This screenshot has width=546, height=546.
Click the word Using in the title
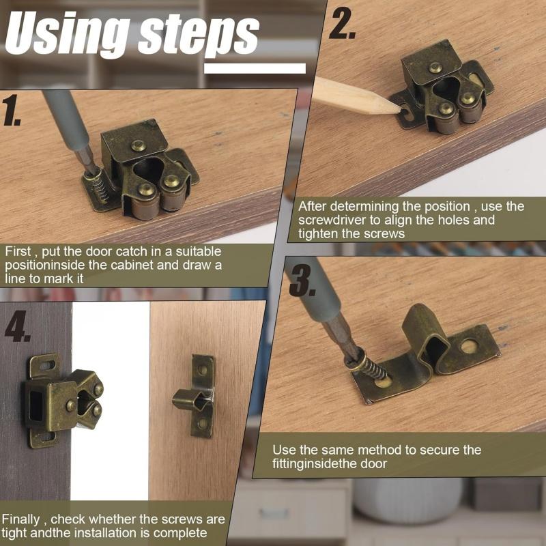pos(67,33)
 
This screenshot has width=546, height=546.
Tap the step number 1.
pos(11,110)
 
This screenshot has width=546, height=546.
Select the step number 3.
pos(302,281)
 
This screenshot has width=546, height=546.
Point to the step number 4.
pos(17,326)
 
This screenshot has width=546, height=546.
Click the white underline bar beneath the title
pos(255,68)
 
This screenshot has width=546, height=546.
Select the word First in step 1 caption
pos(18,251)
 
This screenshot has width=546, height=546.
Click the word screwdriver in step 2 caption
pos(332,220)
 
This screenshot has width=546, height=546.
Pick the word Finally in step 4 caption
pos(20,519)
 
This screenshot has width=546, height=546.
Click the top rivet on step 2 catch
pos(435,67)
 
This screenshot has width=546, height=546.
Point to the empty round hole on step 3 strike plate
pos(469,346)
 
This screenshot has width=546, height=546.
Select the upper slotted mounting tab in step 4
pos(44,366)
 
